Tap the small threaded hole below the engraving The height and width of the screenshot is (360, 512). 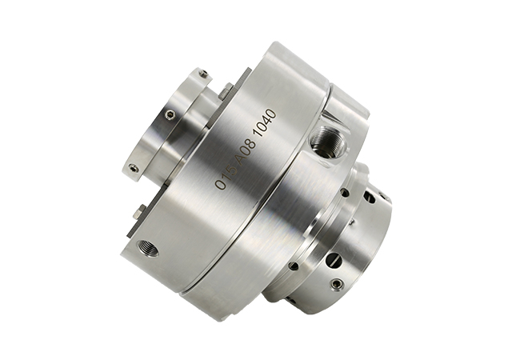click(148, 249)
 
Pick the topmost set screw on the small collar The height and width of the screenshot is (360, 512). click(203, 74)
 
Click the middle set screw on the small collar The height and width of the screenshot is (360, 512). click(169, 114)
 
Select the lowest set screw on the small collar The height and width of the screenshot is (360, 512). click(132, 168)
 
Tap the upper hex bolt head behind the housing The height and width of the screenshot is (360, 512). click(226, 91)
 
